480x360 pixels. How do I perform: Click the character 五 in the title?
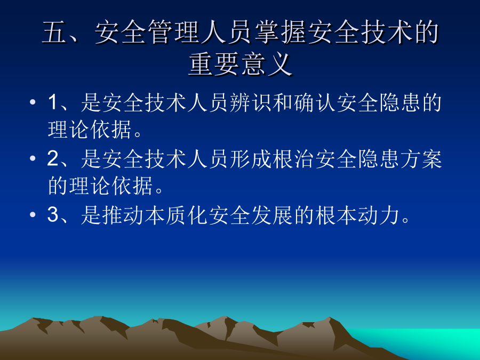(x=54, y=32)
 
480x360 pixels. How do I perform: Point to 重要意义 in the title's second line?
(x=240, y=64)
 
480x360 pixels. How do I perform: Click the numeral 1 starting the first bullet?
(x=53, y=102)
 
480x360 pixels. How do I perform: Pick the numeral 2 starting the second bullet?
(x=53, y=158)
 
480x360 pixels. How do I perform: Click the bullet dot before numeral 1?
(x=33, y=102)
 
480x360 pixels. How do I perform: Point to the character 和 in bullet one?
(x=283, y=102)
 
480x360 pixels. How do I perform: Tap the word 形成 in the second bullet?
(x=251, y=158)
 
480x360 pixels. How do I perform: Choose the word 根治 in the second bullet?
(x=293, y=158)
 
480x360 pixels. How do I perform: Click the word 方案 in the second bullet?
(x=421, y=158)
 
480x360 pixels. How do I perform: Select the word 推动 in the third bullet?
(x=123, y=215)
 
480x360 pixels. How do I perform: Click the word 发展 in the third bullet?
(x=272, y=215)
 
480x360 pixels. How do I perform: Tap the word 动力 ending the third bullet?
(x=379, y=215)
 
